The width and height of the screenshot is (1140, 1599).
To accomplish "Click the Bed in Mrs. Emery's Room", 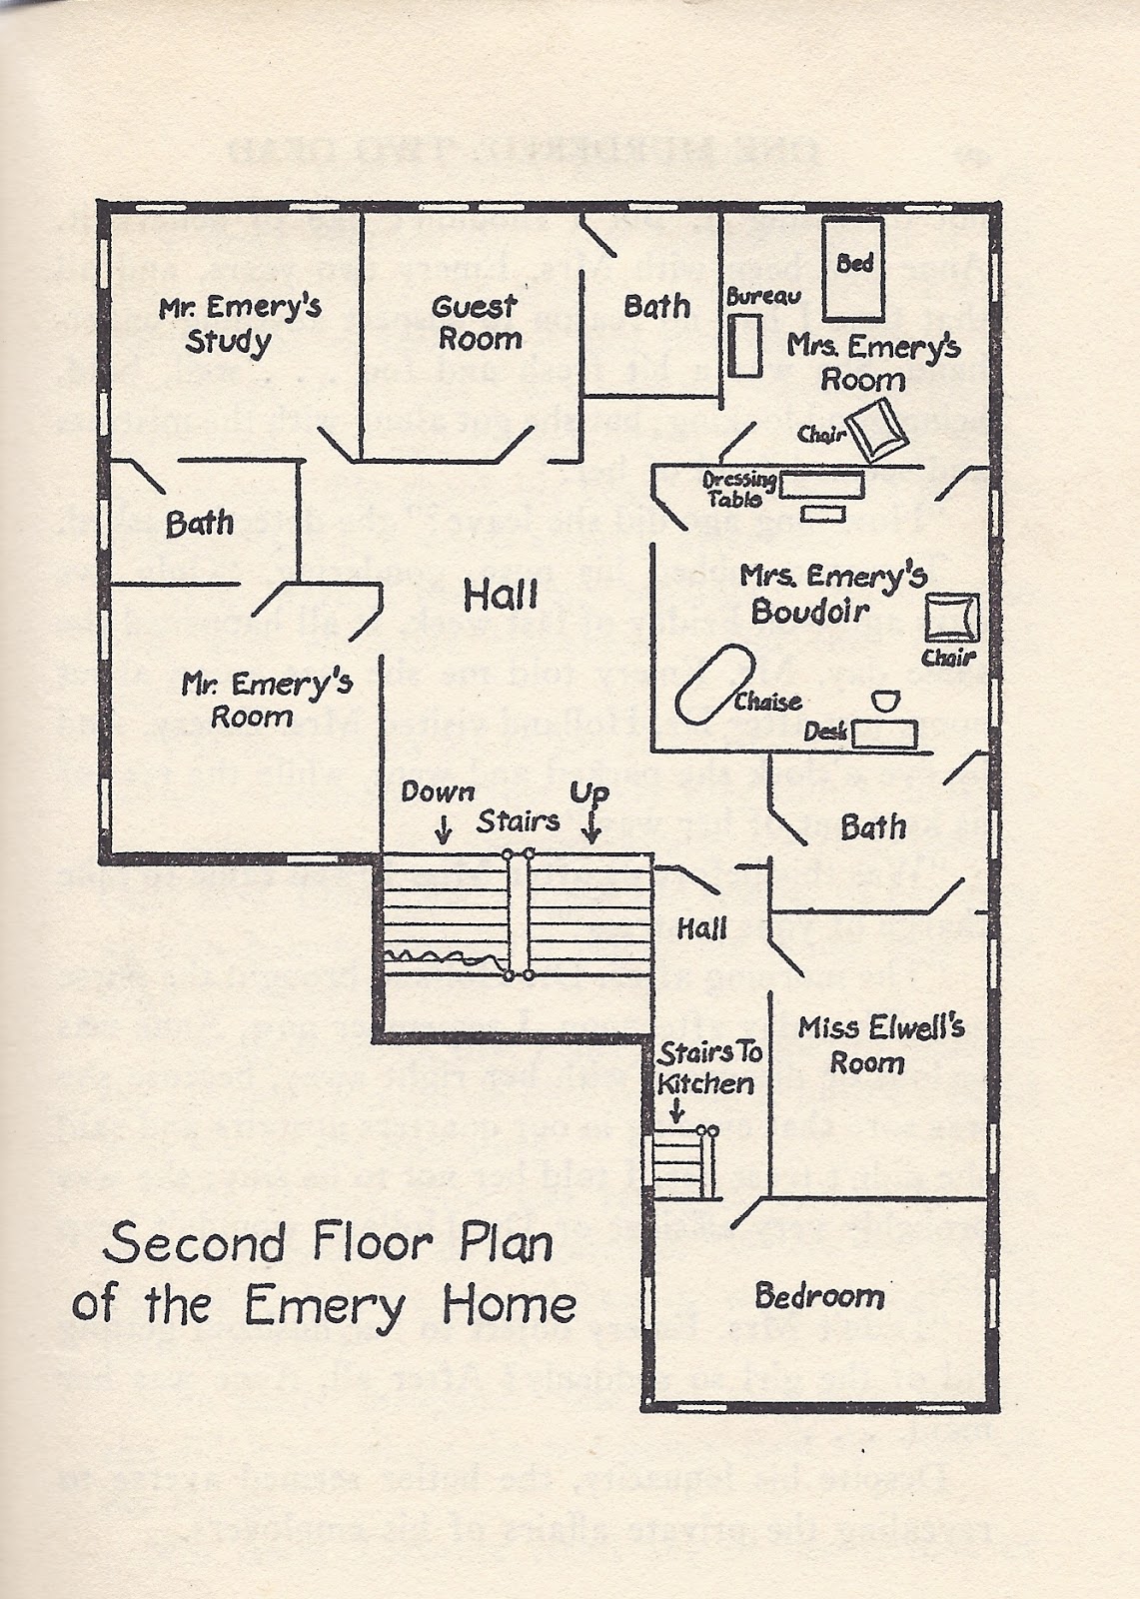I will pos(852,267).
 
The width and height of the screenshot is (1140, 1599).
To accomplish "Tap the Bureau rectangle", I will pos(744,346).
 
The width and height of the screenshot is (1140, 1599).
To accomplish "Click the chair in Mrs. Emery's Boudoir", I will pos(950,618).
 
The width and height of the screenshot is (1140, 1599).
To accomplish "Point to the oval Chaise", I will pos(715,683).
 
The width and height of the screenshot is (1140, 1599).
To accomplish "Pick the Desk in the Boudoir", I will pos(887,733).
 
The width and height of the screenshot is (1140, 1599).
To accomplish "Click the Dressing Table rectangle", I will pos(821,486).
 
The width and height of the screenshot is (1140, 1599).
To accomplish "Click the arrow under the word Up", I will pos(591,826).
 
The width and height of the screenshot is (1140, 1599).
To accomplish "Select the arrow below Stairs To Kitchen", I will pos(676,1109).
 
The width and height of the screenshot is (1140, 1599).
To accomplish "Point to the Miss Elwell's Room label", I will pos(880,1044).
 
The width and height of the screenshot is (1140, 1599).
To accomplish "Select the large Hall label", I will pos(501,597).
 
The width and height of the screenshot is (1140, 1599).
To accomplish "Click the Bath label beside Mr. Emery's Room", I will pos(200,523).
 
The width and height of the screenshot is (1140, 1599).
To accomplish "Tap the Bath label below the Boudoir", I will pos(873,826).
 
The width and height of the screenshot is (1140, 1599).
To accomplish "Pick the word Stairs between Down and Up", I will pos(517,821).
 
